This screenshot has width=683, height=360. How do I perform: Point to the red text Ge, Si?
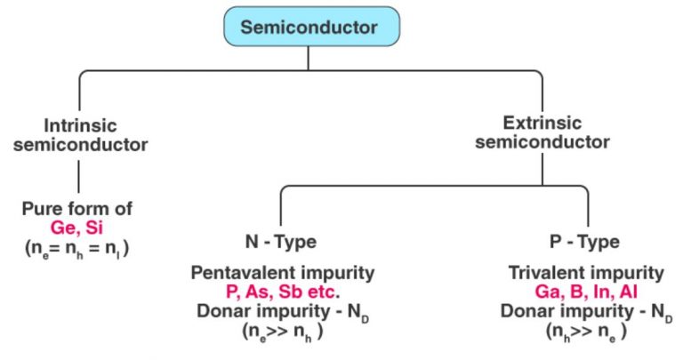78,228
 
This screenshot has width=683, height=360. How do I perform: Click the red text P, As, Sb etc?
298,291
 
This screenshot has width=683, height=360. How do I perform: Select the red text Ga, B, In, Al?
586,292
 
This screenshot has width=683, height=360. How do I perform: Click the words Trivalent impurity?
586,273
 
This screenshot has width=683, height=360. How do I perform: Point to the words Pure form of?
78,210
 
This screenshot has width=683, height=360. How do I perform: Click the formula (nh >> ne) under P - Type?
586,332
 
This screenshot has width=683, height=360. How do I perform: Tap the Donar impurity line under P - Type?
586,311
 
